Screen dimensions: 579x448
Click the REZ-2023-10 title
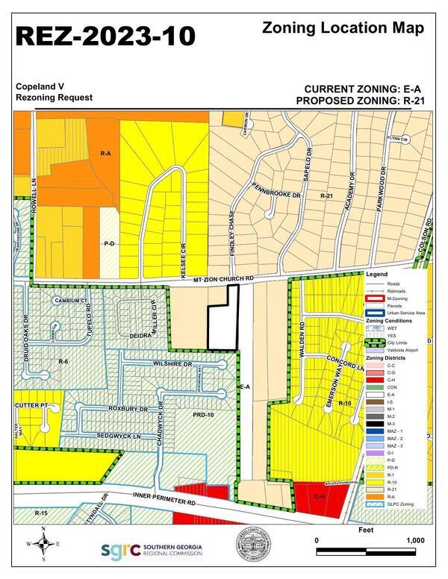tap(105, 35)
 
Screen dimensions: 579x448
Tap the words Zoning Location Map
tap(343, 28)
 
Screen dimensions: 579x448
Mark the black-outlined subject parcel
tap(222, 319)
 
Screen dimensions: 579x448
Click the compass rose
tap(44, 544)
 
